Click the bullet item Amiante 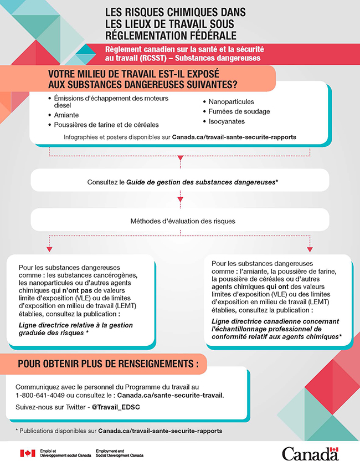pyautogui.click(x=66, y=115)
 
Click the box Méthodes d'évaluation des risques pyautogui.click(x=183, y=221)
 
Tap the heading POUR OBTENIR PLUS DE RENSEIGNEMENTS pyautogui.click(x=108, y=363)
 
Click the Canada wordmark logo pyautogui.click(x=310, y=453)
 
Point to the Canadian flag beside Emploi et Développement pyautogui.click(x=27, y=453)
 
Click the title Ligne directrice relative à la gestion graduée pyautogui.click(x=76, y=329)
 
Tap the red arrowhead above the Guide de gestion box pyautogui.click(x=179, y=158)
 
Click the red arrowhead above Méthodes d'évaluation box pyautogui.click(x=179, y=198)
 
